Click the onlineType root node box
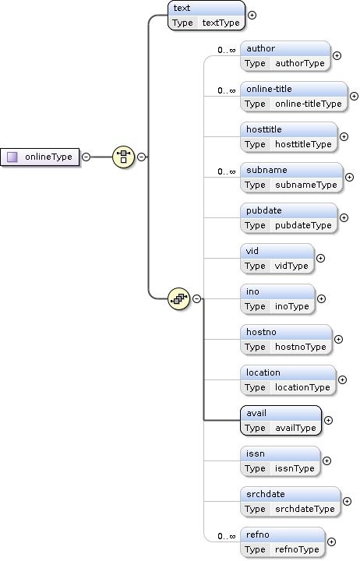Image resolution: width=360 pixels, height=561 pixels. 40,157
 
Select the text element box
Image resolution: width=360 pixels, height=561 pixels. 206,16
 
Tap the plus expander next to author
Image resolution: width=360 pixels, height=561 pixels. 337,56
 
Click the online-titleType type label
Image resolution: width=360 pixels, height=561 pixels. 309,104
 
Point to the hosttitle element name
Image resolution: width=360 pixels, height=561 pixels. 263,129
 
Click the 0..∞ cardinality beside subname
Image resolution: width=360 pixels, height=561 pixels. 227,171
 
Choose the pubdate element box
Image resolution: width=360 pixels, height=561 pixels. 289,218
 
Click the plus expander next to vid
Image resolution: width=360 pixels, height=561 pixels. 320,259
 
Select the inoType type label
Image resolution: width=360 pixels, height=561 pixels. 292,306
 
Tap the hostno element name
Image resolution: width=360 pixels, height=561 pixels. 261,332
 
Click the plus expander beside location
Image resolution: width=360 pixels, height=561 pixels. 342,380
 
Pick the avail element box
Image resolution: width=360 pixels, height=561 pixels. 281,421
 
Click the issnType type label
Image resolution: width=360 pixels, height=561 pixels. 295,468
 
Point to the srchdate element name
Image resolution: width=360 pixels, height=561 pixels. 266,494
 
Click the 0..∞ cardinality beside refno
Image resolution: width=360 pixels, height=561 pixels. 227,536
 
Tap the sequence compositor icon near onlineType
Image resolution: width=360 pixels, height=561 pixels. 123,157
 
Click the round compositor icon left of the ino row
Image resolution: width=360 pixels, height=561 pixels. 179,298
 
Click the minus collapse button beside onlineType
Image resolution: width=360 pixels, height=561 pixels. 86,157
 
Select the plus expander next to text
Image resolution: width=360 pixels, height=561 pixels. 252,16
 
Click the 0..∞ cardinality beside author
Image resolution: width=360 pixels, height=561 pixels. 227,50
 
